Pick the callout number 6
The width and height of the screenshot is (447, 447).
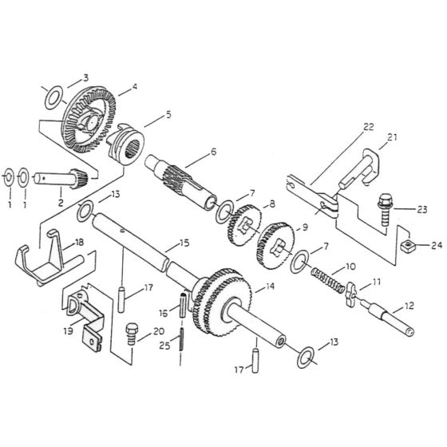click(x=213, y=152)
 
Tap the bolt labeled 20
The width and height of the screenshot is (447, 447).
click(x=134, y=334)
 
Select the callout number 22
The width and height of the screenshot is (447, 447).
click(x=368, y=127)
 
